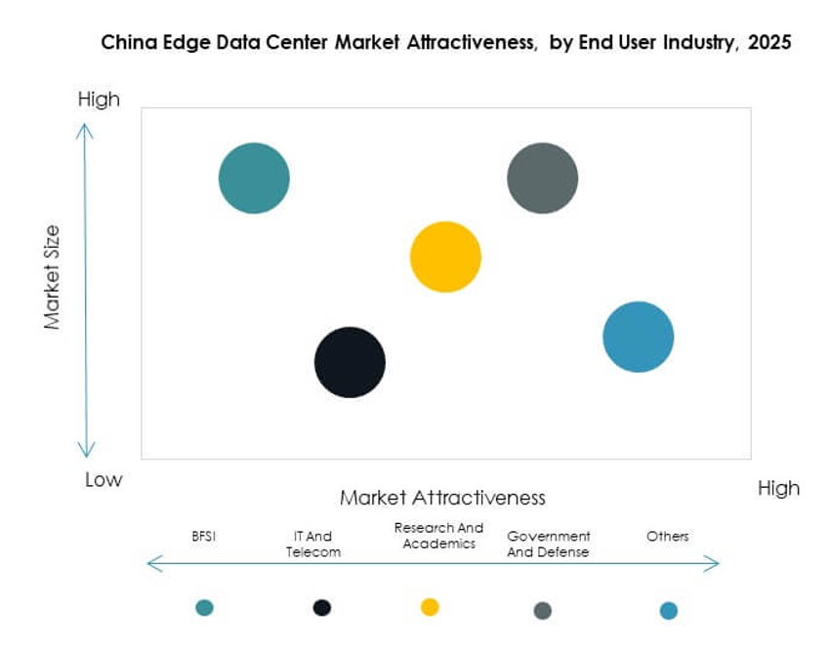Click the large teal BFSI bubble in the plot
[x=254, y=178]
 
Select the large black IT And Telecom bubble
[x=350, y=362]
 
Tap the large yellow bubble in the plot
[x=445, y=257]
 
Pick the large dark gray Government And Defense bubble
[x=542, y=178]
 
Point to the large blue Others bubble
[x=638, y=337]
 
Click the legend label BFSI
[x=204, y=536]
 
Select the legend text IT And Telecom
[x=312, y=544]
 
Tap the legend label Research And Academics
[x=438, y=536]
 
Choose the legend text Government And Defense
[x=549, y=544]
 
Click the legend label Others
[x=668, y=536]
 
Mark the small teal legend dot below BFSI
[x=204, y=607]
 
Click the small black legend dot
[x=322, y=607]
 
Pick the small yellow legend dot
[x=430, y=607]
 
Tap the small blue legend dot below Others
[x=669, y=610]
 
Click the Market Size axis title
[x=52, y=277]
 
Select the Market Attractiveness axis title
[x=442, y=498]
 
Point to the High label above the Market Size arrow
[x=99, y=99]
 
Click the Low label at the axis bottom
[x=103, y=479]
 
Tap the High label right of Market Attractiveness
[x=778, y=488]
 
